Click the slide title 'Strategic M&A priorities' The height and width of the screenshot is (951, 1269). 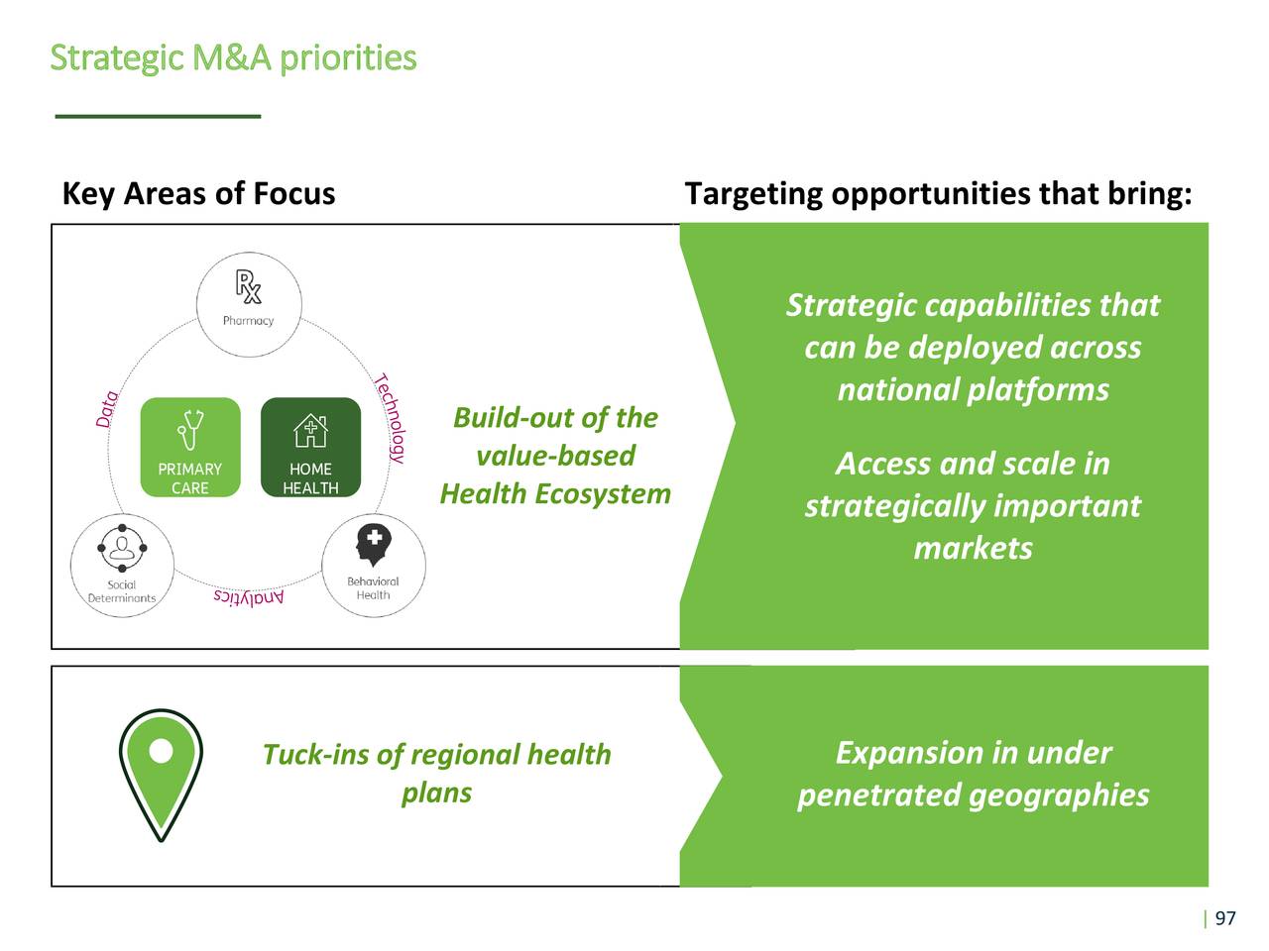click(233, 57)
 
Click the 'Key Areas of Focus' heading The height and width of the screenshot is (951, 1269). click(198, 193)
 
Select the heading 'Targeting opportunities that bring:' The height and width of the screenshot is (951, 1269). click(938, 193)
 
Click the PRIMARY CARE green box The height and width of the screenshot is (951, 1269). click(190, 447)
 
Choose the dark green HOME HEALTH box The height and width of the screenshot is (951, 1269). click(310, 447)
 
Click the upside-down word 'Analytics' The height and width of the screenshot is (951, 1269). click(249, 597)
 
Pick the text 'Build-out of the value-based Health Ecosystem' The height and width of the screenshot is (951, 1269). click(555, 456)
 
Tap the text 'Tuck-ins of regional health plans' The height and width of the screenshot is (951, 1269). click(436, 773)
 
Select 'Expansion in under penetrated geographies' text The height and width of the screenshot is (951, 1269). click(973, 774)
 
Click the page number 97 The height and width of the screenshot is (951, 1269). click(1225, 918)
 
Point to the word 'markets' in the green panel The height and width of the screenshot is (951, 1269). click(973, 548)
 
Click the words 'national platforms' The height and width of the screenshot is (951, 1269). click(973, 389)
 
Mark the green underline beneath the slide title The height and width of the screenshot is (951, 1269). click(158, 117)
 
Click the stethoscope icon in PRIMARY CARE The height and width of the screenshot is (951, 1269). click(190, 429)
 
